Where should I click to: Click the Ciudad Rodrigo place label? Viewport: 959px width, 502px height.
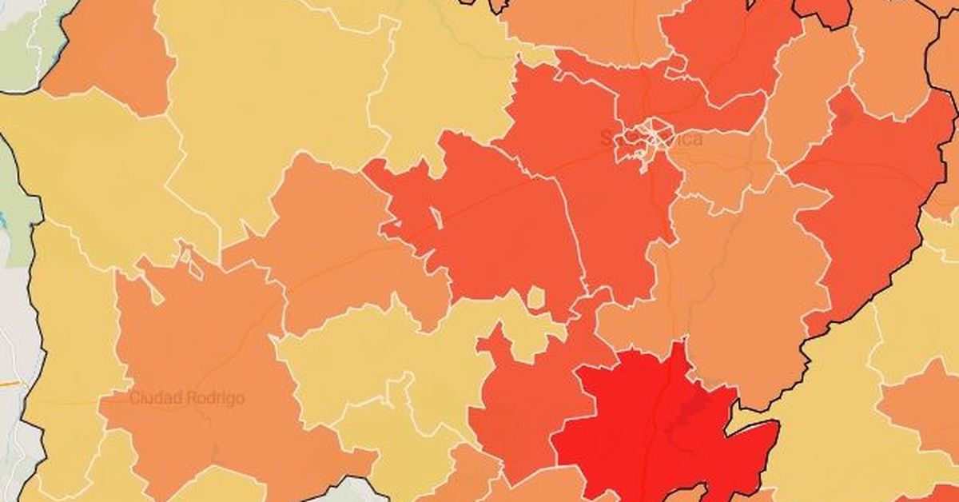tap(187, 397)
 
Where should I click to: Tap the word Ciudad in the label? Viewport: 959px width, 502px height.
tap(154, 397)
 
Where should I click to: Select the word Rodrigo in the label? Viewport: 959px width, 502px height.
tap(213, 397)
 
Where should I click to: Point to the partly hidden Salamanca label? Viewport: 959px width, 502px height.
tap(651, 139)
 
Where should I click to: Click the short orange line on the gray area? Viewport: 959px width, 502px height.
tap(9, 384)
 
